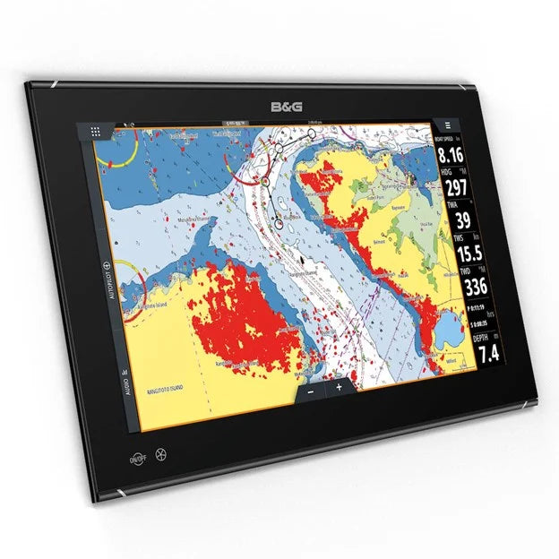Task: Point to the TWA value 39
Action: [x=464, y=219]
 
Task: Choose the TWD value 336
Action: [x=474, y=286]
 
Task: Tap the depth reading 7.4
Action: [x=487, y=353]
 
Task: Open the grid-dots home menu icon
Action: [x=95, y=131]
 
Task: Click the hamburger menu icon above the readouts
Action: [x=445, y=127]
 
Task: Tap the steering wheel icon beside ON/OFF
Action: [x=160, y=453]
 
